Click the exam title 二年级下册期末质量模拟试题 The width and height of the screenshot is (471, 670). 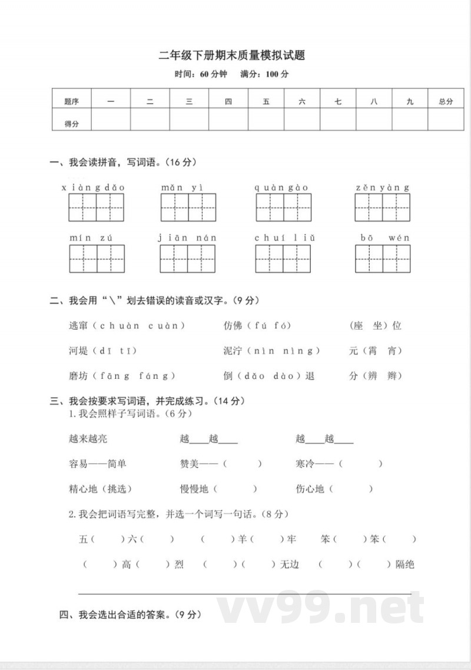[x=232, y=56]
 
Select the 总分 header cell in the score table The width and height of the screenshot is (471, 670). [x=446, y=101]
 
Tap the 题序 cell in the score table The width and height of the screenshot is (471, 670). [x=72, y=101]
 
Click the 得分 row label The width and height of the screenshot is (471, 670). [x=72, y=124]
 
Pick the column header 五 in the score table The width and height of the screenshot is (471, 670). [x=266, y=101]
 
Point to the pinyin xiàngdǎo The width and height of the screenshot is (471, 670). [x=94, y=187]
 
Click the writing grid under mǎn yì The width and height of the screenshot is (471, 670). [x=188, y=207]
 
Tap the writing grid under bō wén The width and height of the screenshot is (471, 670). [x=382, y=259]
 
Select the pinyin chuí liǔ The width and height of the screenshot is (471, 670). [x=285, y=237]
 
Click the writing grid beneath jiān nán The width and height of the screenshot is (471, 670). [x=188, y=259]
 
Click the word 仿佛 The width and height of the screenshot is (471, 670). [x=233, y=325]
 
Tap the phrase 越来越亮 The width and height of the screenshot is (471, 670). [x=88, y=439]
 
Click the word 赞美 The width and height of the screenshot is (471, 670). [x=190, y=464]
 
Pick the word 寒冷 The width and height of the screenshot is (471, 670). [x=306, y=464]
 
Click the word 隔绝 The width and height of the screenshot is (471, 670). [x=405, y=564]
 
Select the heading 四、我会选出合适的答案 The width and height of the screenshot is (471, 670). [x=131, y=615]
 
